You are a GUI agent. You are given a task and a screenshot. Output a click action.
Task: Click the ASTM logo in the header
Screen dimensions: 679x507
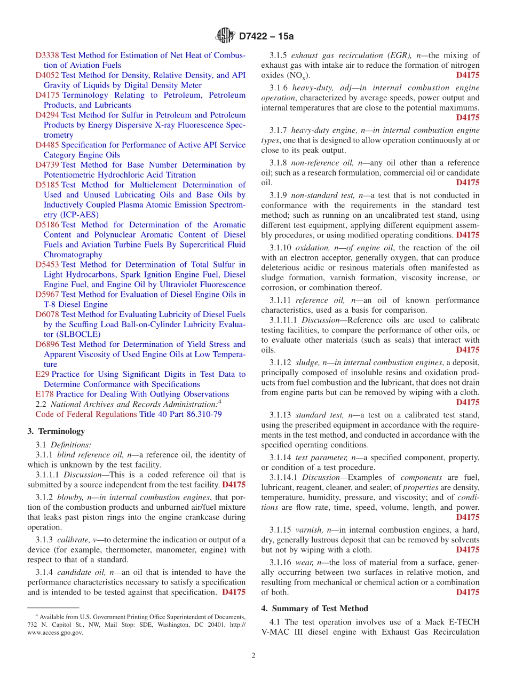pos(225,36)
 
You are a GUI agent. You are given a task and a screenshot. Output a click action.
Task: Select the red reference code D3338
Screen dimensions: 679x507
pos(47,56)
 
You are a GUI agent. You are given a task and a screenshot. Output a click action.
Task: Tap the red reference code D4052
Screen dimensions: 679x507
pos(47,75)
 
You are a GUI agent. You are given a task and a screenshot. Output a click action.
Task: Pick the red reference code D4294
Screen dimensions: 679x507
pos(47,115)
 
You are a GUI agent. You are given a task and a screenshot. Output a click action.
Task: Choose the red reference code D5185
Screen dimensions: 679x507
pos(47,185)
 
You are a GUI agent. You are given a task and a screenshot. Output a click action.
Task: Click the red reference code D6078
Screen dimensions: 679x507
pos(47,314)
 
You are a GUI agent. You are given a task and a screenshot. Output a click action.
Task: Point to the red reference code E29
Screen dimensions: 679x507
pos(42,375)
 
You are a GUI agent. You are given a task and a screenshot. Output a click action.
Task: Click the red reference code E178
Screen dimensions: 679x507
pos(44,394)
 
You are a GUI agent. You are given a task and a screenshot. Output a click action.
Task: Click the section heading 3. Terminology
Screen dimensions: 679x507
pos(56,431)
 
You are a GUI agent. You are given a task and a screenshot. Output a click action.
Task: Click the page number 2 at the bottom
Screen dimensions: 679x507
pos(253,656)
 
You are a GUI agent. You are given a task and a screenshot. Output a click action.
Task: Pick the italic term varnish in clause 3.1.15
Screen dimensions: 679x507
pos(308,530)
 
